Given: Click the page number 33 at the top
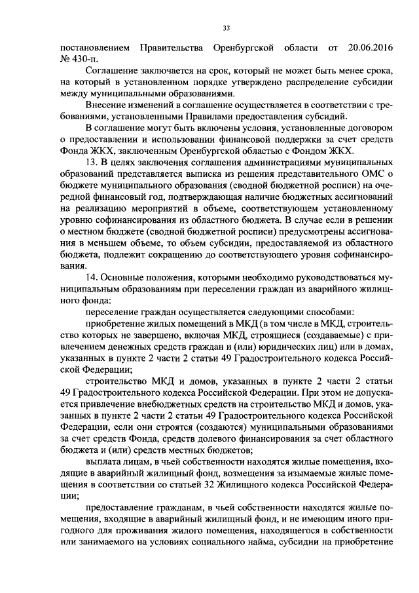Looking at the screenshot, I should tap(227, 28).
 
